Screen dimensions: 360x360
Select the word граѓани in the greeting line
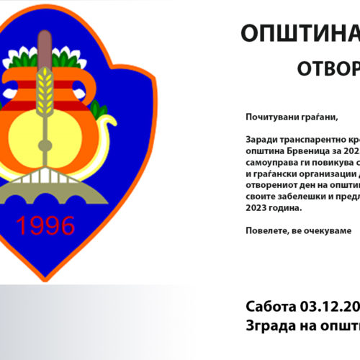click(x=318, y=117)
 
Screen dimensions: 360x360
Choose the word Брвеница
click(x=310, y=151)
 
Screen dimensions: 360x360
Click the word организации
click(x=325, y=174)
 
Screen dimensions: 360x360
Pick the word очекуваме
click(x=325, y=231)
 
